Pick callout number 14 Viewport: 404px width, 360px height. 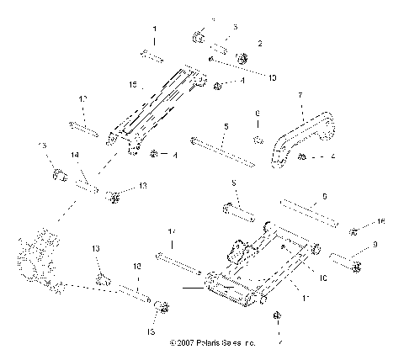[75, 156]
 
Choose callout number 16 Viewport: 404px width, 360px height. [380, 221]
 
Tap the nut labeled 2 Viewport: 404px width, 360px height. [242, 58]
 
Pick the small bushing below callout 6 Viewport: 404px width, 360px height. [258, 136]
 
